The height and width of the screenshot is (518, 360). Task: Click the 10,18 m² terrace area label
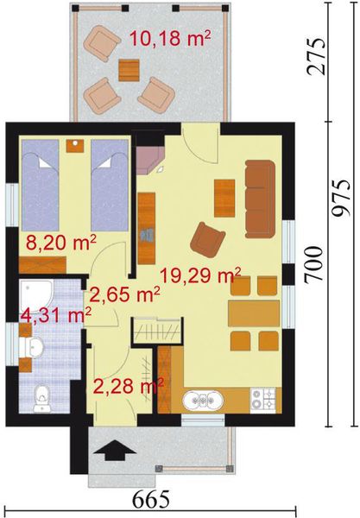coord(169,37)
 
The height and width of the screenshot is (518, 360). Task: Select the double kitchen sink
coord(205,400)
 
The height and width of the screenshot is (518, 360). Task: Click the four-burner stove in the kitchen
coord(262,399)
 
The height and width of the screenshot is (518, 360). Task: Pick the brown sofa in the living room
coord(259,196)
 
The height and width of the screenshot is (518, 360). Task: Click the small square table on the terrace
coord(129,67)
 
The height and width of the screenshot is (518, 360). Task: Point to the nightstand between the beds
coord(75,145)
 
